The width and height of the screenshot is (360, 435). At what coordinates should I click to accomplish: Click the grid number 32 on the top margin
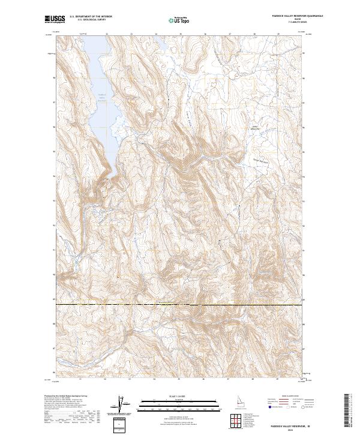tap(106, 34)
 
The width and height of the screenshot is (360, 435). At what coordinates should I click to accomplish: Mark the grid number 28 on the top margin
tap(254, 34)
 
